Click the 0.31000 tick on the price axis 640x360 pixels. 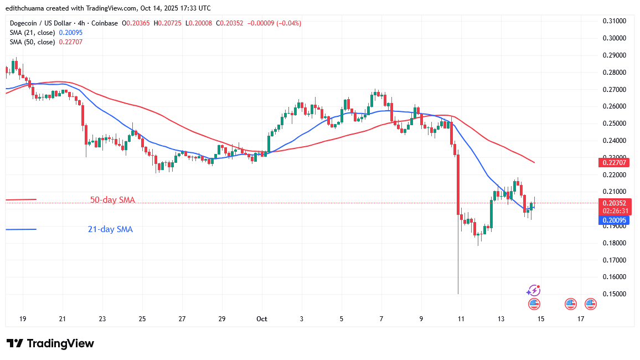(614, 21)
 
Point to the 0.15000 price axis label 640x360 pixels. (614, 294)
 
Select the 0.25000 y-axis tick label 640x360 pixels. (614, 124)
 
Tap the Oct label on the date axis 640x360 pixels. (261, 319)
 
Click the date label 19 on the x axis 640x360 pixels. (23, 319)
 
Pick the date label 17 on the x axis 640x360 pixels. (581, 319)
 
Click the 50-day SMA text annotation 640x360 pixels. (112, 200)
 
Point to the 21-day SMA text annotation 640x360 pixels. (110, 229)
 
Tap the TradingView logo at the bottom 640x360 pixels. (50, 343)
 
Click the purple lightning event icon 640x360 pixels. (533, 290)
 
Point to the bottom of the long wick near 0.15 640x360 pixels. (458, 294)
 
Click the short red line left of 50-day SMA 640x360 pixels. (20, 199)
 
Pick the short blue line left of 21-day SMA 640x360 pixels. (20, 229)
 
